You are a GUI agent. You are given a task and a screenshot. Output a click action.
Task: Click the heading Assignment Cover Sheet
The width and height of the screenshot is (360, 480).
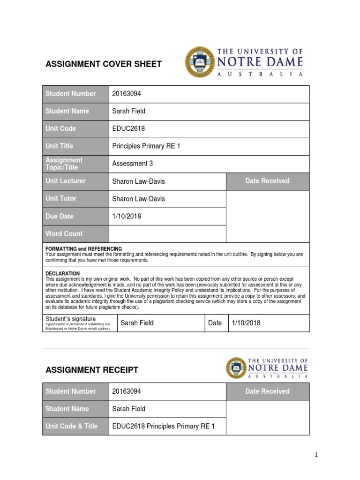tap(103, 64)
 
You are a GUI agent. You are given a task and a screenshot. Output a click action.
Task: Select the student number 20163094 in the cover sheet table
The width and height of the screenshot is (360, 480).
tap(127, 94)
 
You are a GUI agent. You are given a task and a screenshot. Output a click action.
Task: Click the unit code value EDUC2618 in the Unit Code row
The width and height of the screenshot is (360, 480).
tap(127, 128)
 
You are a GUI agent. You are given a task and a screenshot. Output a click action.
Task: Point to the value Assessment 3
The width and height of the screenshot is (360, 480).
tap(133, 164)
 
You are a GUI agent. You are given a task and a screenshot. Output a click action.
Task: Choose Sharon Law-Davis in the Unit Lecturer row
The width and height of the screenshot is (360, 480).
tap(138, 181)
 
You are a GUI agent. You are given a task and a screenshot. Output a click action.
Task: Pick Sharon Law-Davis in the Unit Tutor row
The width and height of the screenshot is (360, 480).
tap(138, 199)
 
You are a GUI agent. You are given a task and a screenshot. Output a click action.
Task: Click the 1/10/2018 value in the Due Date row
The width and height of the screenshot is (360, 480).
tap(127, 217)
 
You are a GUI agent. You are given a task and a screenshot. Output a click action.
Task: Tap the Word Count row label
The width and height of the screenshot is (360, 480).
tap(64, 234)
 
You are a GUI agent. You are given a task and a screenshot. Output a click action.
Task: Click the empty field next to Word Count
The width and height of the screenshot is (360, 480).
tap(167, 234)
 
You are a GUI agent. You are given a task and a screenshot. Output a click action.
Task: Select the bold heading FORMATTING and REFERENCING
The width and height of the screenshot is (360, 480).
tap(83, 248)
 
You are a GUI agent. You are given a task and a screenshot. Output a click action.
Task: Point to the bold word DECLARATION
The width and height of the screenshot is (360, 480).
tap(62, 273)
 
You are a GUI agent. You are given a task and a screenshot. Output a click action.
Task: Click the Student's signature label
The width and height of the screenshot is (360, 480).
tap(70, 319)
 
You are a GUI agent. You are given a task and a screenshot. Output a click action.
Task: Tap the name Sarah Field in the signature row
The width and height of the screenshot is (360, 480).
tap(137, 323)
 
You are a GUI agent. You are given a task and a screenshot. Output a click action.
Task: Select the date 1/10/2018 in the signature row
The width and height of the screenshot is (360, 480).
tap(246, 323)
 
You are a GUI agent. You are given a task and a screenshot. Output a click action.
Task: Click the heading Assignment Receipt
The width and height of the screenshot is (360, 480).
tap(91, 370)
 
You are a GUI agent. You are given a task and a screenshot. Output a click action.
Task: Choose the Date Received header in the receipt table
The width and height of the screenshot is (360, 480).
tap(267, 391)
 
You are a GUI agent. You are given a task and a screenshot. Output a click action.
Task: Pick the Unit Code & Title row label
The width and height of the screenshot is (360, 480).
tap(71, 426)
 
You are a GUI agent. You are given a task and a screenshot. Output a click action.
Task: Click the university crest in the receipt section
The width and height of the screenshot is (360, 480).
tap(236, 368)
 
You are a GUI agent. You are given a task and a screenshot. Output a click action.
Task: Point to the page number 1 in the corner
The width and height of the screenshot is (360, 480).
tap(316, 455)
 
